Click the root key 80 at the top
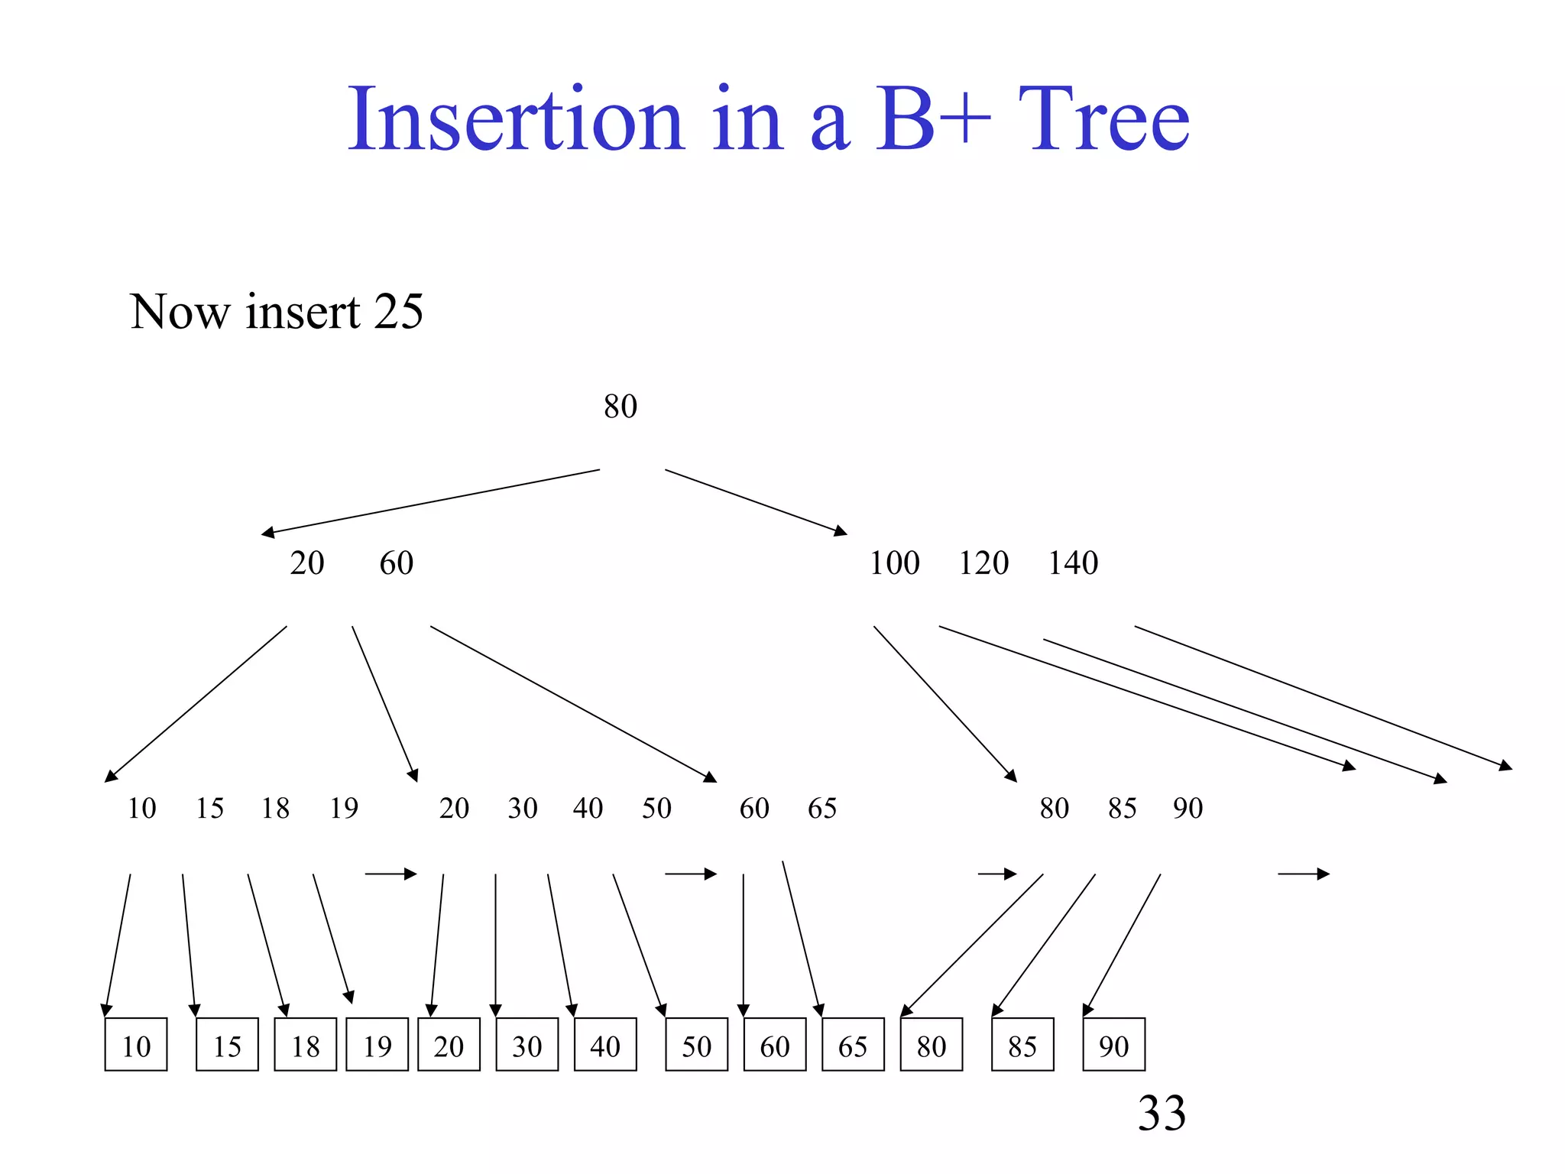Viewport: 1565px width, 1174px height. [620, 407]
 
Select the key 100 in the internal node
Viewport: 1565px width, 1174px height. [894, 563]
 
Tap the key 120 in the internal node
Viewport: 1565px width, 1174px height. [983, 563]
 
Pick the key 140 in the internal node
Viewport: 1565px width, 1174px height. [1073, 563]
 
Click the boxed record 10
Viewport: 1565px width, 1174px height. [136, 1045]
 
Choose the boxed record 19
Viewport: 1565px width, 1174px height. [377, 1045]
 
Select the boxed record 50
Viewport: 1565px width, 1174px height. [696, 1045]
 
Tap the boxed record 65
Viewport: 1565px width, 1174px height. [853, 1045]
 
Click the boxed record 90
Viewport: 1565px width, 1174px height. [1113, 1045]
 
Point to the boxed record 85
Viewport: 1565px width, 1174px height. [1022, 1045]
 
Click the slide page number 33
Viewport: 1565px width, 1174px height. [1162, 1113]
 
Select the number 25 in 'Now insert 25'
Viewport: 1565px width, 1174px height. [399, 312]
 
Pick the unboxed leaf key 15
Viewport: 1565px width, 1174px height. [209, 808]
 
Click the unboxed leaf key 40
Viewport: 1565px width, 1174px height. [588, 808]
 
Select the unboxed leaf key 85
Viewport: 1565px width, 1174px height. [1122, 808]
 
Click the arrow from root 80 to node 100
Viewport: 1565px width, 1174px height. [756, 501]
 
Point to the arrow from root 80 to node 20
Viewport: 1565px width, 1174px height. [430, 501]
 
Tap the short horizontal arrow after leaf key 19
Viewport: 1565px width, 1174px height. [390, 874]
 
